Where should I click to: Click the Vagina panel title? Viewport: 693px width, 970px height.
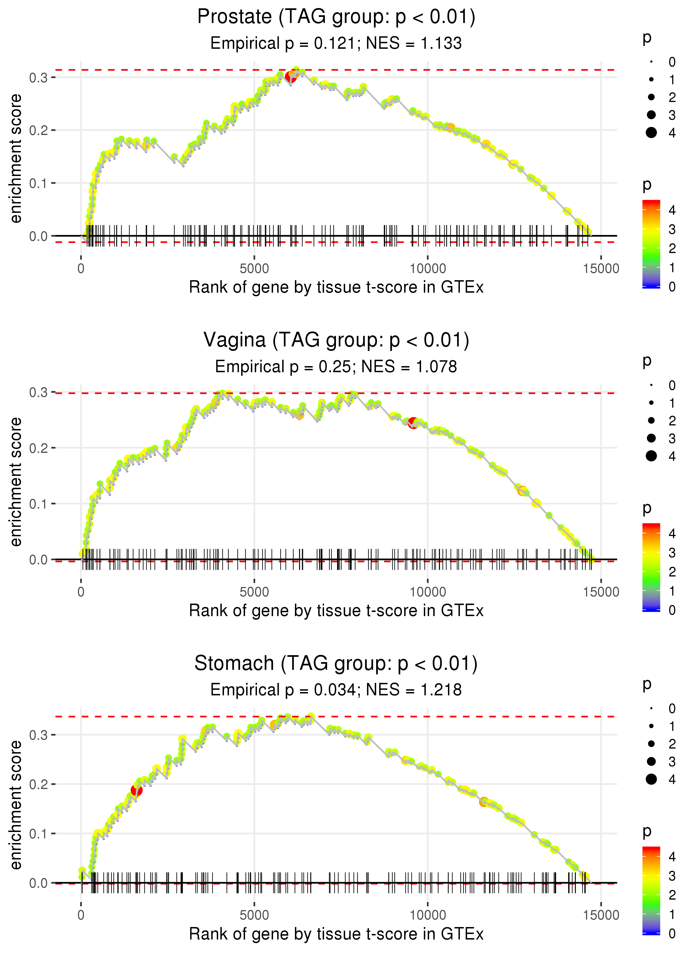point(336,340)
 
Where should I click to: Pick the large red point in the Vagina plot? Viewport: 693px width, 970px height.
point(413,423)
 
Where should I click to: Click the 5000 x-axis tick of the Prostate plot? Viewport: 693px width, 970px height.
point(254,269)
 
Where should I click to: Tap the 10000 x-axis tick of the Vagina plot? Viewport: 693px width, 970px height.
point(427,592)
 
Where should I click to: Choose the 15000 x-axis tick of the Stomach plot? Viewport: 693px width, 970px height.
point(601,915)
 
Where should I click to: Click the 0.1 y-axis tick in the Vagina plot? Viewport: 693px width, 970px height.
point(39,504)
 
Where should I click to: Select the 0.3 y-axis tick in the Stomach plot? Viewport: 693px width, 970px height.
point(39,735)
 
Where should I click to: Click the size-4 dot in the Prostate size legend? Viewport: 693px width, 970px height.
point(651,133)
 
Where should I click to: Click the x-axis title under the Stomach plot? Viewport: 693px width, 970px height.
point(336,934)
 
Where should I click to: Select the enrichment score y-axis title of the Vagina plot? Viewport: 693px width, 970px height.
point(16,482)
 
